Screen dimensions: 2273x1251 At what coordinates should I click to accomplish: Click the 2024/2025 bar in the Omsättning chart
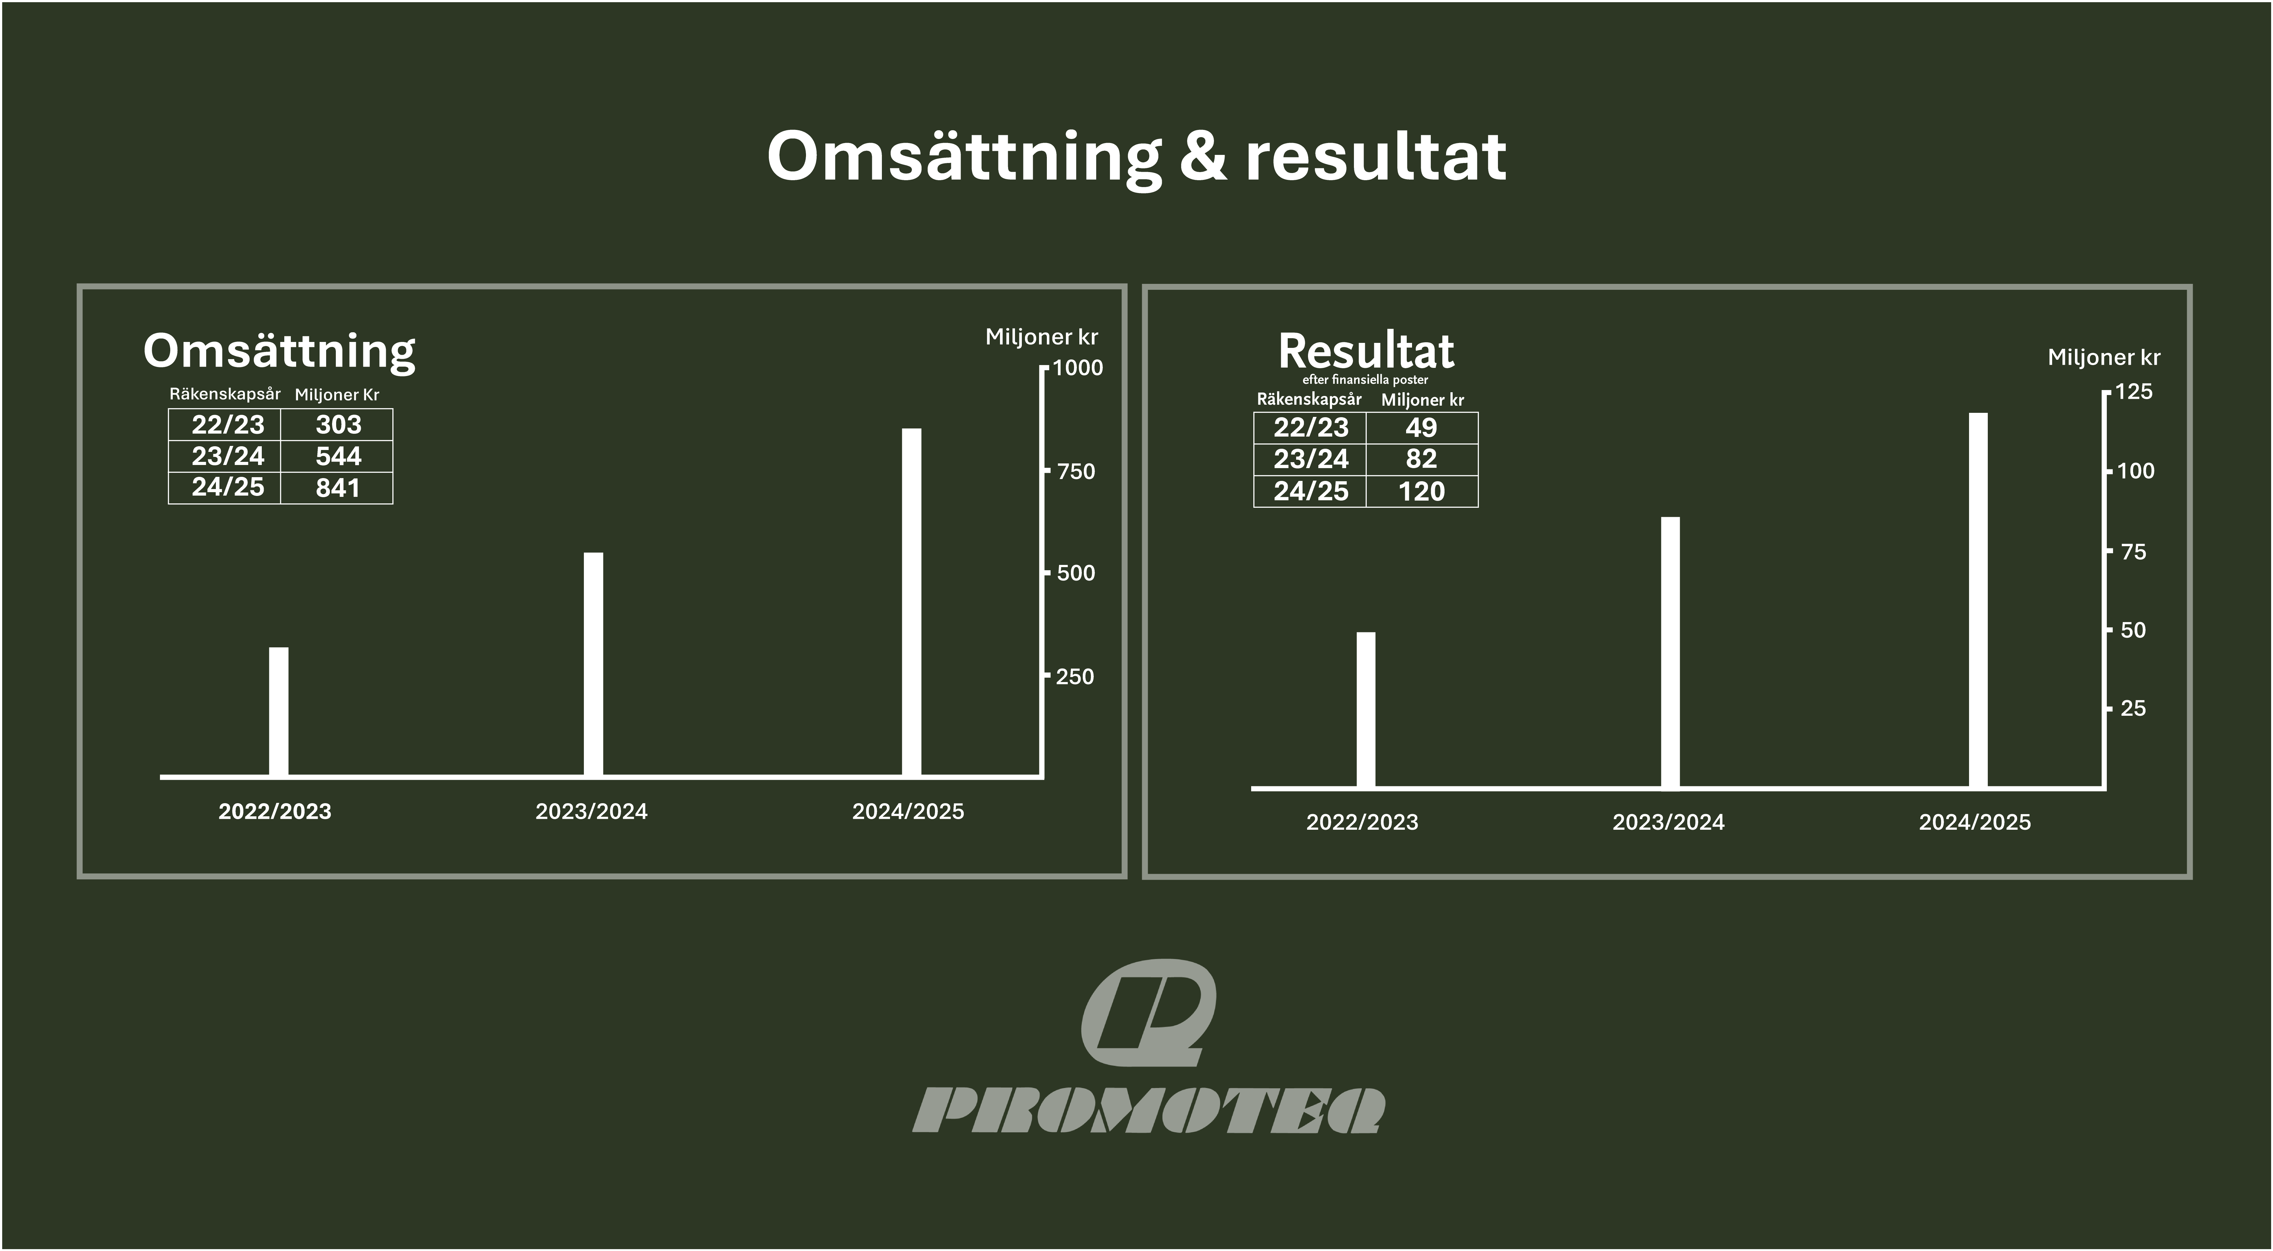point(912,603)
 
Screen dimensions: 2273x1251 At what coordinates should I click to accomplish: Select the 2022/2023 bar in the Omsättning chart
point(279,712)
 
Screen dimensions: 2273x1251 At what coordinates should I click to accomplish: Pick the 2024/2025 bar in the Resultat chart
point(1978,600)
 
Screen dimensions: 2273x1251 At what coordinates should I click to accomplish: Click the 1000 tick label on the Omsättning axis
point(1078,368)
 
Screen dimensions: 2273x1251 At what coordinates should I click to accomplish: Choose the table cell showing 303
point(337,424)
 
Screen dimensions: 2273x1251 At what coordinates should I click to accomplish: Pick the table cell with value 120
point(1421,492)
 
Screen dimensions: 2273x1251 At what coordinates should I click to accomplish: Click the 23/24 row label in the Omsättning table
point(228,456)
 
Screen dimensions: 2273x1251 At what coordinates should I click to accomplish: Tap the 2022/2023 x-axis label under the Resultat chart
point(1362,822)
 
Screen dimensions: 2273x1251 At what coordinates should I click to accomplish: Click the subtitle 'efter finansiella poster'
point(1365,379)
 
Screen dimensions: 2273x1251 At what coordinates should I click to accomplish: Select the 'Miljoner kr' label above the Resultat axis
point(2104,357)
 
